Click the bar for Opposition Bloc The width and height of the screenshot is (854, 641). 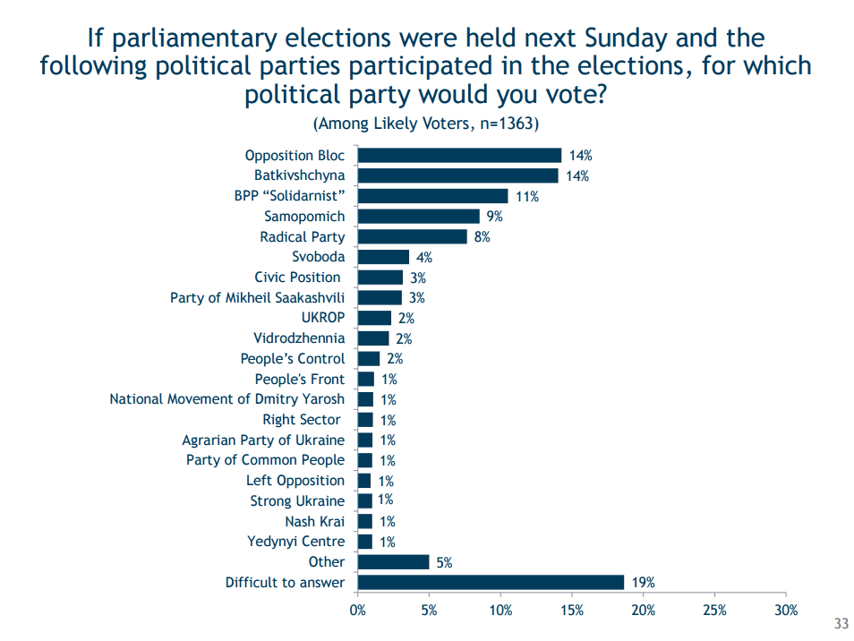tap(459, 156)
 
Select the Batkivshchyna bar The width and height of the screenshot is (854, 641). tap(457, 175)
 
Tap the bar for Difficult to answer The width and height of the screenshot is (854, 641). tap(491, 583)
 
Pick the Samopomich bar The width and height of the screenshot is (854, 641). tap(418, 216)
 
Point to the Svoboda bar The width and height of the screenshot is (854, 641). tap(383, 257)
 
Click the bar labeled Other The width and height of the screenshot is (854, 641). tap(393, 562)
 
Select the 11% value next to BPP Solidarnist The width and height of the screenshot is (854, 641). tap(526, 196)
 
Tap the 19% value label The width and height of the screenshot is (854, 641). tap(643, 583)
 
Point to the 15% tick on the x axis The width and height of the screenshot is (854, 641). tap(571, 611)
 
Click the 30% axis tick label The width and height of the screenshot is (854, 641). tap(785, 611)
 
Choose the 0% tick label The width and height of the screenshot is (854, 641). tap(357, 611)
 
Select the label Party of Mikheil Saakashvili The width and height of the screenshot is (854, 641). tap(257, 297)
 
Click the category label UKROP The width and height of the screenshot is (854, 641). tap(323, 318)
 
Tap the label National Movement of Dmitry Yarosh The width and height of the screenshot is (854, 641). tap(226, 399)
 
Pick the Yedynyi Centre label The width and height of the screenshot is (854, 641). tap(295, 542)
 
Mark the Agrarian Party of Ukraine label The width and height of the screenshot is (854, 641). tap(263, 440)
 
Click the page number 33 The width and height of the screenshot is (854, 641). tap(841, 624)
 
